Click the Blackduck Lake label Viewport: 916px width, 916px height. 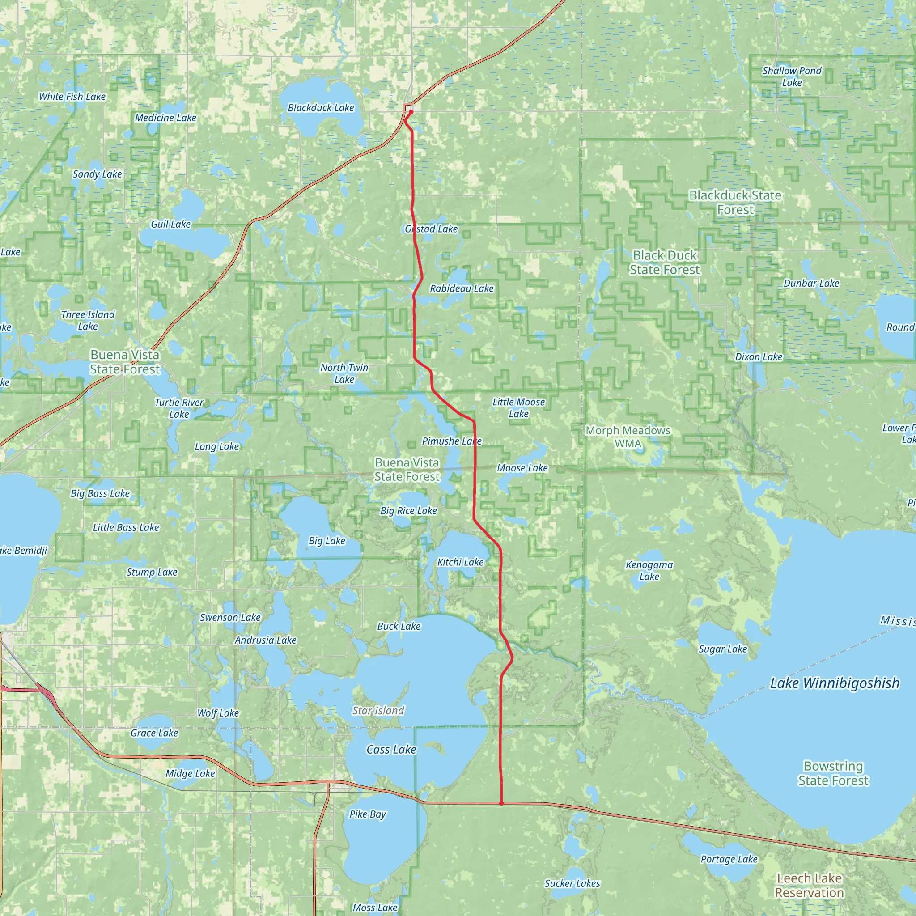321,108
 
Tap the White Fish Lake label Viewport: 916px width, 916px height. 72,97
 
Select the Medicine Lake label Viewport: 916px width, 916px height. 165,118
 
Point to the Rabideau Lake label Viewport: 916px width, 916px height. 461,289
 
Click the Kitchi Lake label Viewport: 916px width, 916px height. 460,562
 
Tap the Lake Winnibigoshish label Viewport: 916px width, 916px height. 835,683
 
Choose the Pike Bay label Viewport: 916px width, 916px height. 368,814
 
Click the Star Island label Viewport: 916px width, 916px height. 378,711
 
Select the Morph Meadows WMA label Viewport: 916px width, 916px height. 628,437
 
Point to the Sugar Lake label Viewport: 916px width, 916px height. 723,649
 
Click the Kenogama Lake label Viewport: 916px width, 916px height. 649,571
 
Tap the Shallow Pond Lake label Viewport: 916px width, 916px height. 792,77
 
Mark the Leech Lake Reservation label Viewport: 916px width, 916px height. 809,886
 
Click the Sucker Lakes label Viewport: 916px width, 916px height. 572,884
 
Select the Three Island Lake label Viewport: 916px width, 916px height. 88,321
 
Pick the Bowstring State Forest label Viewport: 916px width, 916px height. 833,773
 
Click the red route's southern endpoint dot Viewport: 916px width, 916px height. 501,804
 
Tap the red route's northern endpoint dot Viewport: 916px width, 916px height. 411,112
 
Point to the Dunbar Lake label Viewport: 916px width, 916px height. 811,284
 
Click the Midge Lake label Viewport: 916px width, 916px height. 190,774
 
